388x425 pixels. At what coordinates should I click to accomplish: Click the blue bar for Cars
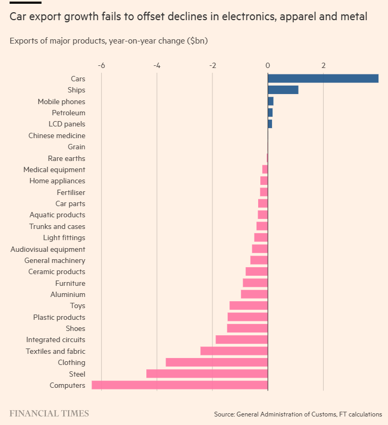pos(323,79)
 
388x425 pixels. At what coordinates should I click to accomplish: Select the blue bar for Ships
pos(283,90)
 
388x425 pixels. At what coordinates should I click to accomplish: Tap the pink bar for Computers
pos(179,385)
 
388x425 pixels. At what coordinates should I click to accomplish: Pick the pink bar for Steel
pos(207,374)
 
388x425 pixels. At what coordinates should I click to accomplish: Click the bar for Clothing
pos(217,362)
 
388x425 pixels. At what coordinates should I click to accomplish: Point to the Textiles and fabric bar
pos(234,351)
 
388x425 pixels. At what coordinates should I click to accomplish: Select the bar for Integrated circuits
pos(242,339)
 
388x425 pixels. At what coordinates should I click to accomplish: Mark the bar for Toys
pos(249,305)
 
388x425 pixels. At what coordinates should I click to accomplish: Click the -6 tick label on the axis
pos(101,66)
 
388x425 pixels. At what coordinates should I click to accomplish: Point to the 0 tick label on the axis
pos(268,66)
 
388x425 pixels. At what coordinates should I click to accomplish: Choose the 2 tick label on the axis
pos(323,66)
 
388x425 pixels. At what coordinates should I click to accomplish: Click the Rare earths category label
pos(67,158)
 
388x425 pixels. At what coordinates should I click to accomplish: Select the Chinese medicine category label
pos(57,135)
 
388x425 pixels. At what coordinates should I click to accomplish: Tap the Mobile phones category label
pos(61,101)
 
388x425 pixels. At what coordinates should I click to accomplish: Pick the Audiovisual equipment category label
pos(48,249)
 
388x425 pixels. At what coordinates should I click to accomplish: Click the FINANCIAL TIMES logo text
pos(49,413)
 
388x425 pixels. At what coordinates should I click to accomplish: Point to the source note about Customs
pos(298,414)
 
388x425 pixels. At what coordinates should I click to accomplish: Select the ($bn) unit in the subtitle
pos(197,40)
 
